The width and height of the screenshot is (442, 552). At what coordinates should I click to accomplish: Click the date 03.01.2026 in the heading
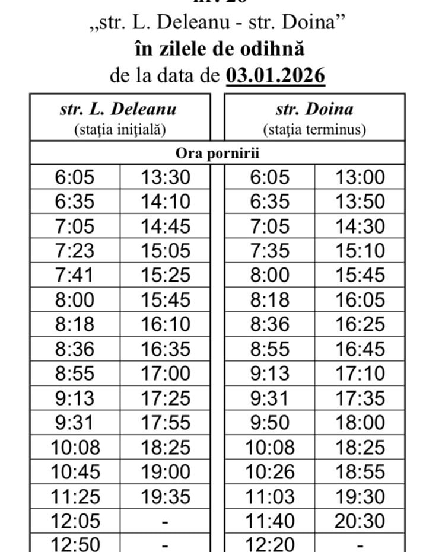(276, 76)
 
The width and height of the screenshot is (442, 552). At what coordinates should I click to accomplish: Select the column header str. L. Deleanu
(118, 109)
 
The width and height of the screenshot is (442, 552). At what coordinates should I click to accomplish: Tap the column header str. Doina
(314, 109)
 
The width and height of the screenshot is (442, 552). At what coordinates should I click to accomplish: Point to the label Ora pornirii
(217, 152)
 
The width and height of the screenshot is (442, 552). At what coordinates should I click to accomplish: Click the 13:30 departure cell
(166, 177)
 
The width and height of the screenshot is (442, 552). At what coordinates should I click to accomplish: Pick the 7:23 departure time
(75, 251)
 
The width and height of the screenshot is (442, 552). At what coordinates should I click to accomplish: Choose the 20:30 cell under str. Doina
(360, 521)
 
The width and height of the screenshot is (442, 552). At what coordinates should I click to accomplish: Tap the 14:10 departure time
(166, 202)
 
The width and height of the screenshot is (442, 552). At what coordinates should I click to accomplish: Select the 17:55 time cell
(166, 423)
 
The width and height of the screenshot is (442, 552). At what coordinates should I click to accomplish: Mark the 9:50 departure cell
(269, 423)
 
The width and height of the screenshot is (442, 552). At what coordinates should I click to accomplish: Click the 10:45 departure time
(75, 472)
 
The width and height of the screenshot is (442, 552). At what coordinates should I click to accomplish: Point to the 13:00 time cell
(360, 177)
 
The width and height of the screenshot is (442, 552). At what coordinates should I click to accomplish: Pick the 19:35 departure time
(166, 496)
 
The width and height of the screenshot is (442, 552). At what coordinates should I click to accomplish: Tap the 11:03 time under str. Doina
(269, 496)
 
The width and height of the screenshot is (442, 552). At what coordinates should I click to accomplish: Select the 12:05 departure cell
(75, 521)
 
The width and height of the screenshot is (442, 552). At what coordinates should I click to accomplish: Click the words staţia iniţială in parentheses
(119, 129)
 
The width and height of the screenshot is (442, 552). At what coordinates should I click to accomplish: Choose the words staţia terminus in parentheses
(314, 129)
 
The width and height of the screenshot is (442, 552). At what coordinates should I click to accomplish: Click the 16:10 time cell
(166, 324)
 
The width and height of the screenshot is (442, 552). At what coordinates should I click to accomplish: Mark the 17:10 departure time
(360, 374)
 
